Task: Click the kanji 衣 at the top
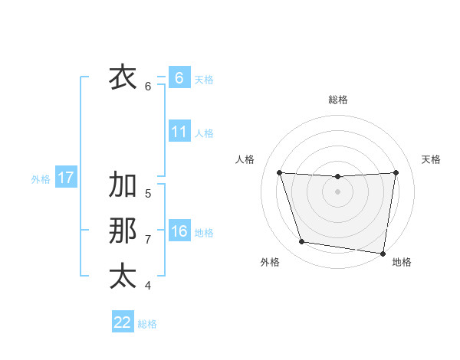(x=123, y=77)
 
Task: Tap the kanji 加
(x=123, y=185)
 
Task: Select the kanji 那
(x=123, y=231)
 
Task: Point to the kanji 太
(x=123, y=276)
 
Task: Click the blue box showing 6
(x=179, y=77)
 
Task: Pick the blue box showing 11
(x=179, y=132)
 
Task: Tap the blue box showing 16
(x=179, y=231)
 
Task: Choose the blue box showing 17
(x=65, y=178)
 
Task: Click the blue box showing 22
(x=123, y=322)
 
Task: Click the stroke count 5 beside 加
(x=148, y=194)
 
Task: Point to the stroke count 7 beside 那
(x=148, y=240)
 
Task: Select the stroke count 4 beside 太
(x=148, y=286)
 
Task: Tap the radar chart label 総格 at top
(x=338, y=100)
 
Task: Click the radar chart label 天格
(x=431, y=159)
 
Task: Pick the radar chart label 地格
(x=402, y=262)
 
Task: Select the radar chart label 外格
(x=270, y=262)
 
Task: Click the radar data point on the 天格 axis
(x=396, y=172)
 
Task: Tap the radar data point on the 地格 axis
(x=383, y=253)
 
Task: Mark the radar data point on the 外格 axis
(x=302, y=242)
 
